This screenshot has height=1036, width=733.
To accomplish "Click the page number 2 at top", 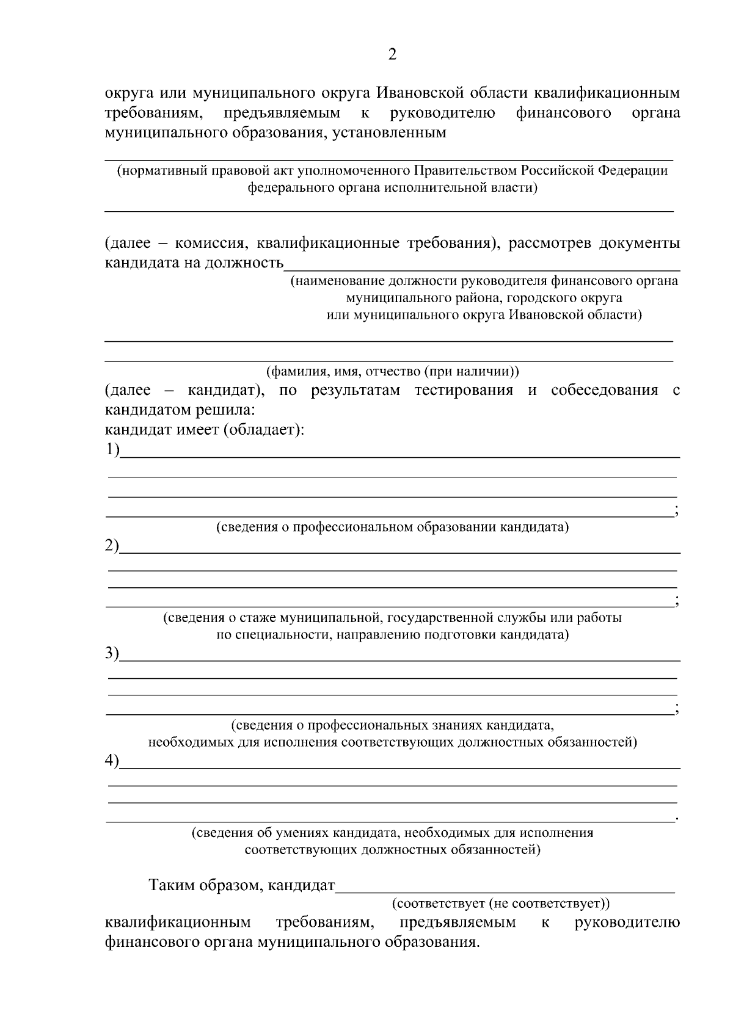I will pos(392,55).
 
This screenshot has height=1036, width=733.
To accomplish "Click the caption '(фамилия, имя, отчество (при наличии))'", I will pos(392,371).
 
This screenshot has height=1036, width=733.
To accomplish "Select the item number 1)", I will pos(112,450).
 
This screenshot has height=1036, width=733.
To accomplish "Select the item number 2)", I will pos(112,545).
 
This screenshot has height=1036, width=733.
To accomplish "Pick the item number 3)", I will pos(112,653).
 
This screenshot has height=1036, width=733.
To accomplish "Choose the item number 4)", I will pos(112,761).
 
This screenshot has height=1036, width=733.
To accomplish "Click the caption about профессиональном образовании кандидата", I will pos(392,527).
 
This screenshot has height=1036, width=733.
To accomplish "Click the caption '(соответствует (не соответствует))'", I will pos(500,902).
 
